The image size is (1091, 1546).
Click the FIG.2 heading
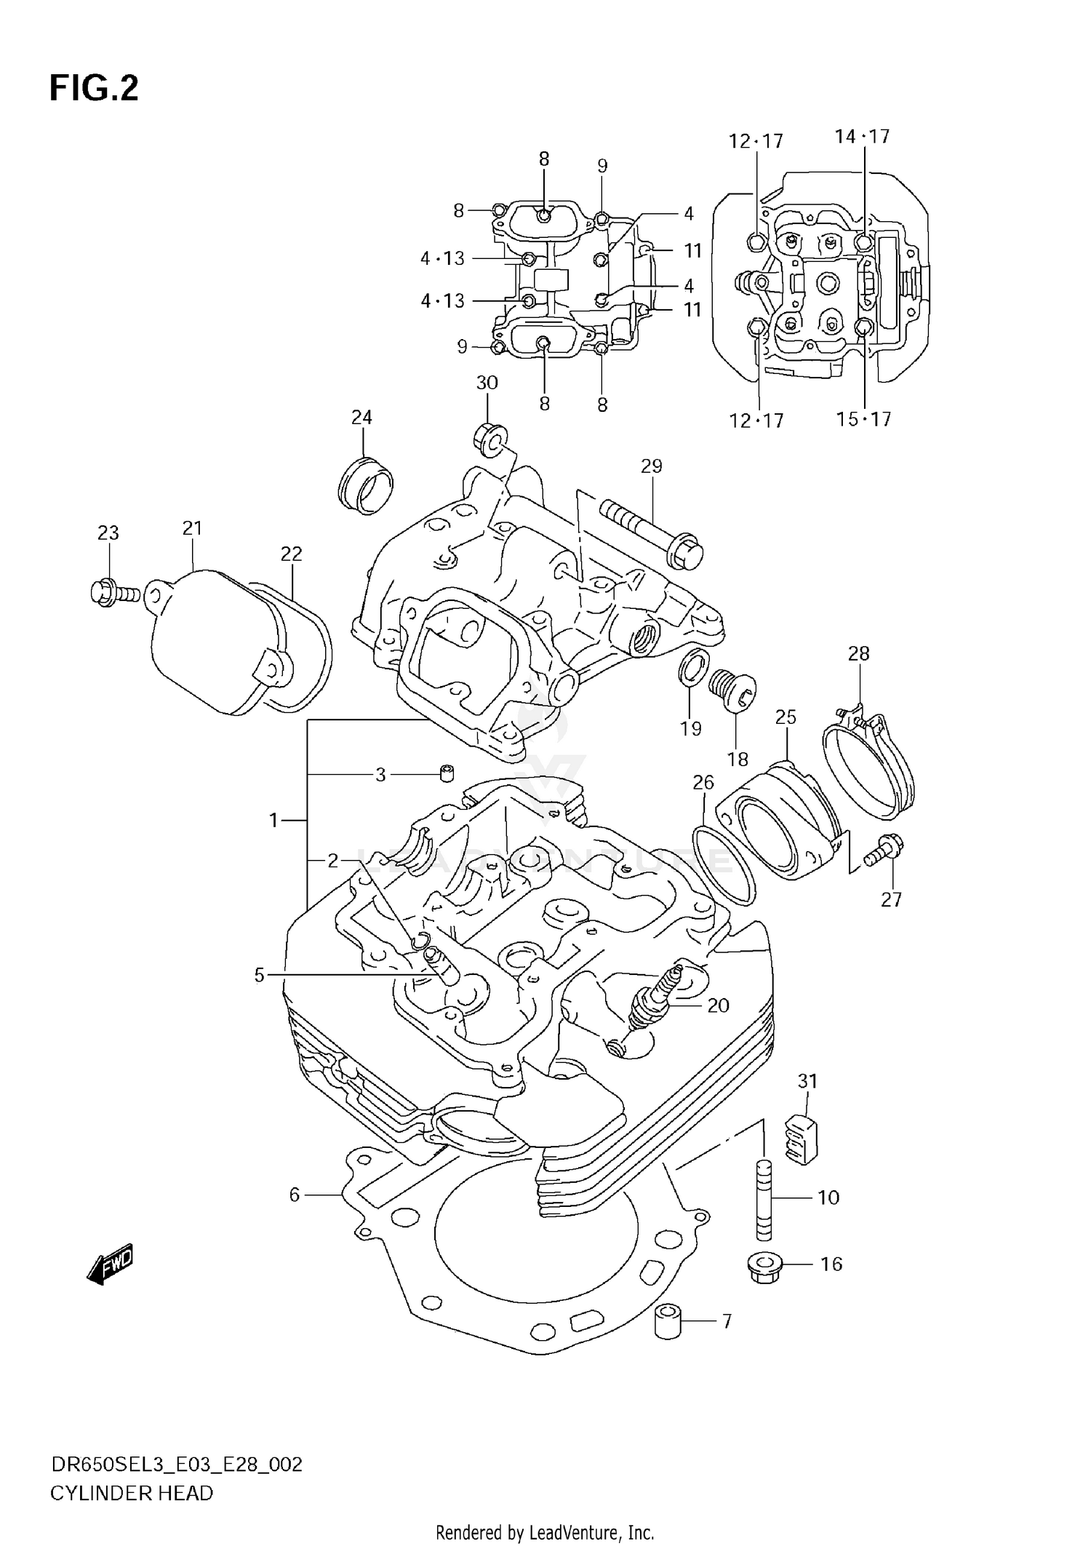click(x=93, y=89)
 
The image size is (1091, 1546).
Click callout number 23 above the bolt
click(x=108, y=533)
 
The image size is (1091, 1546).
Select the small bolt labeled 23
click(x=114, y=593)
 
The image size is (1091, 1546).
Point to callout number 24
click(x=361, y=417)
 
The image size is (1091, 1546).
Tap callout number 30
click(x=487, y=383)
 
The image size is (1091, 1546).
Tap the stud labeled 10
click(x=762, y=1199)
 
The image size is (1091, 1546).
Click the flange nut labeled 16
click(x=762, y=1267)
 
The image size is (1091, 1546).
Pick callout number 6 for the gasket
click(x=295, y=1195)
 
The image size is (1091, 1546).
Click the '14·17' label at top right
click(x=862, y=137)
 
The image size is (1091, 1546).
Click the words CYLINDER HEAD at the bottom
click(x=132, y=1493)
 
